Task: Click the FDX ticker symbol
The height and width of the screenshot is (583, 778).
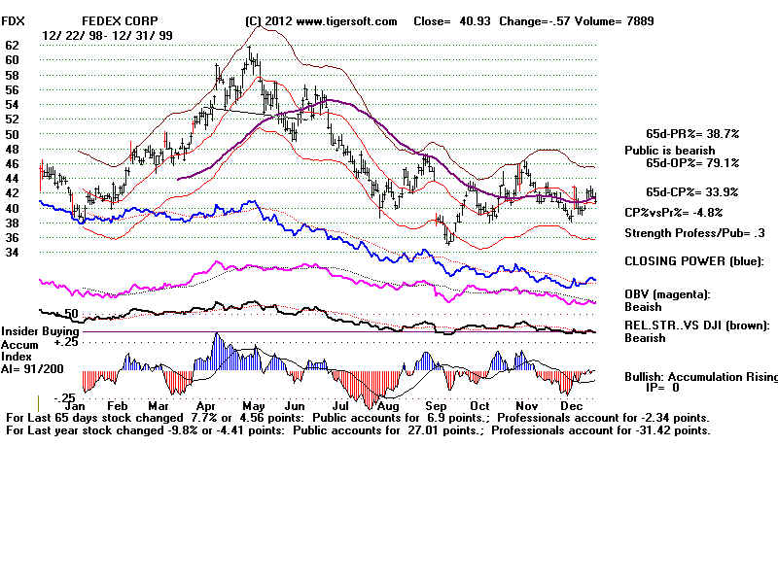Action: click(15, 20)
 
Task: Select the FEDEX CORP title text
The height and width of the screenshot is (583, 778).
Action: click(120, 20)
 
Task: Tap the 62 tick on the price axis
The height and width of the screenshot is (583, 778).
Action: click(13, 45)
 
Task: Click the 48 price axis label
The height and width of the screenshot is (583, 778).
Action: click(13, 149)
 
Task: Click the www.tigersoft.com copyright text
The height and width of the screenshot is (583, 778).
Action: click(322, 20)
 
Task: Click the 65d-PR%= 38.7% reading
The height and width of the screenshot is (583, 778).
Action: click(692, 133)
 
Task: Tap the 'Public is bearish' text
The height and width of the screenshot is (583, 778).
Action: click(669, 151)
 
